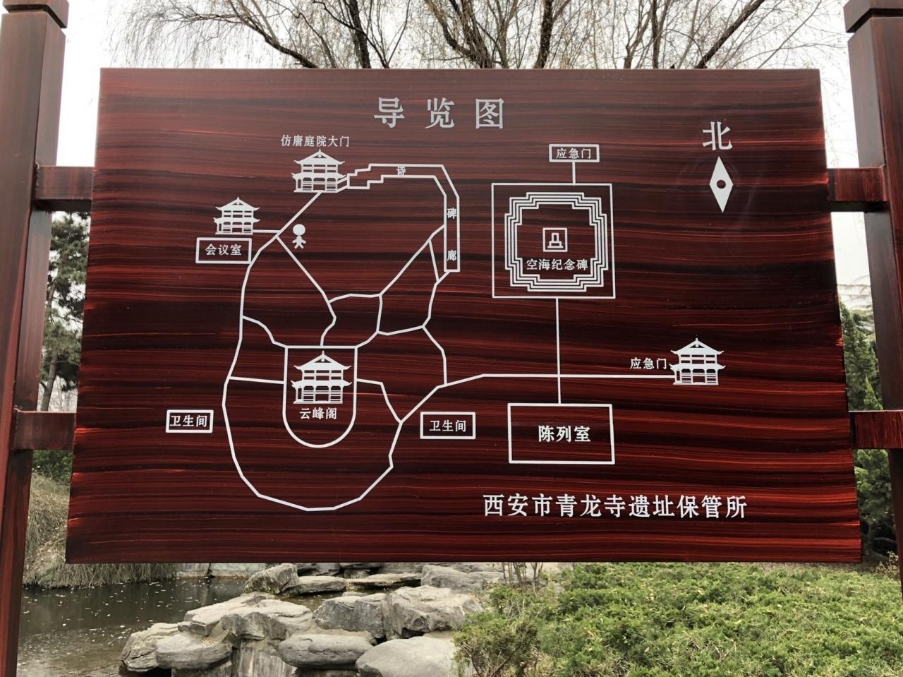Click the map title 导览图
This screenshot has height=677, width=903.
coord(439,114)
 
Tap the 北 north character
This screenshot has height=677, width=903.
coord(717,137)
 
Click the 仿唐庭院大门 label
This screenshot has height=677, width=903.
coord(315,142)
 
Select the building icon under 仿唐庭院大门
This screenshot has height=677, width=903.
coord(319,172)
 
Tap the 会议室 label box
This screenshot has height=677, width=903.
coord(224,250)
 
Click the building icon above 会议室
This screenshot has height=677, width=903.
coord(236,216)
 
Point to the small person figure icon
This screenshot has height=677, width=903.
coord(299,236)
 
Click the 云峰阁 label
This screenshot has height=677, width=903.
coord(318,413)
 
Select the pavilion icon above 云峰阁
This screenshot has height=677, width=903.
coord(320,378)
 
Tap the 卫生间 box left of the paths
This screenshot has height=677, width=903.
coord(189,421)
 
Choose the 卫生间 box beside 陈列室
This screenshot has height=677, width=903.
coord(447,426)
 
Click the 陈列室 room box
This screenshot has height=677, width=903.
coord(562,433)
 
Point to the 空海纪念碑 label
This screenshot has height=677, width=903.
coord(557,265)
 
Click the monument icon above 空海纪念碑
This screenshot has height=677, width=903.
coord(556,239)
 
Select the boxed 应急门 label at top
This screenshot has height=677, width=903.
coord(574,153)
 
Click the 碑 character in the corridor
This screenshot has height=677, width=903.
coord(451,214)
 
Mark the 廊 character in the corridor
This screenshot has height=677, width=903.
coord(451,256)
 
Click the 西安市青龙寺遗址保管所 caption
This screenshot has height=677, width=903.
coord(614,507)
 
